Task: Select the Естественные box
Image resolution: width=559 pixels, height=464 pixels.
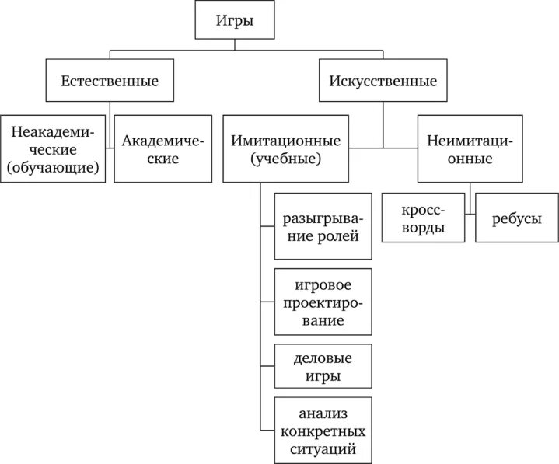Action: pos(110,81)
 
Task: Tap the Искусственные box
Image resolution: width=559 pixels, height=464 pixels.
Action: pos(383,81)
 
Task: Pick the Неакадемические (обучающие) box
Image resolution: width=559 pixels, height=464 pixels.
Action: pos(53,150)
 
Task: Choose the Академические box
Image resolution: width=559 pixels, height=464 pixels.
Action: pos(162,149)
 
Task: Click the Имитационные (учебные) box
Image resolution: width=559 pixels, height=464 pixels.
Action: pos(286,150)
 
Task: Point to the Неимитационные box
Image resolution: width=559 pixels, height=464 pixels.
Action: pos(470,149)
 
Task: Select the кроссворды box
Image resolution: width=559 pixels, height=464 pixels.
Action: pos(424,220)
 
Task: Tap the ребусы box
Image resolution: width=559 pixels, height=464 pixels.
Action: pos(517,220)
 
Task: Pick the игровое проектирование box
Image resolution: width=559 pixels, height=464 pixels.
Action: pos(323,301)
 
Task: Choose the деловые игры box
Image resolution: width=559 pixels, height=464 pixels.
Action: pos(323,367)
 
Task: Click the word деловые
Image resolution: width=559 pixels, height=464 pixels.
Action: pos(323,358)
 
